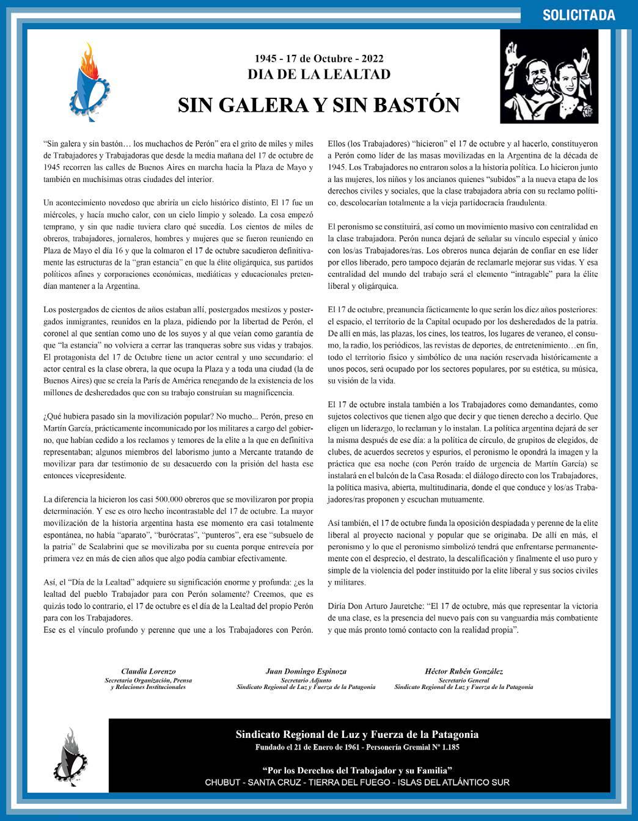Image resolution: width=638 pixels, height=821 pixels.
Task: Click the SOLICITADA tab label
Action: pos(578,15)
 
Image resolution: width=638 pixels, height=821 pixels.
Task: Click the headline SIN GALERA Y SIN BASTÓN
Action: pos(318,105)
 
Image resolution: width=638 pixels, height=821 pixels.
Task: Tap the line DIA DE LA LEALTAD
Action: pos(318,75)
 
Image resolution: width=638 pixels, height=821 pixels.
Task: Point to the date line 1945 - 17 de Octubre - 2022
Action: pos(318,59)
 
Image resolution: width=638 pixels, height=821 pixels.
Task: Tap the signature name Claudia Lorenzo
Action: pos(148,671)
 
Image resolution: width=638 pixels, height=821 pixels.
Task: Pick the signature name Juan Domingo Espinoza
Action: pos(306,671)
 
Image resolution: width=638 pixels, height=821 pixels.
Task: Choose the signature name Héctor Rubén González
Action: pos(464,671)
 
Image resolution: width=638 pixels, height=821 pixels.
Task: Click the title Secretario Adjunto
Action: pos(306,680)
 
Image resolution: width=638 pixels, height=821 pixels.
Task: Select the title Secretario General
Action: pos(464,680)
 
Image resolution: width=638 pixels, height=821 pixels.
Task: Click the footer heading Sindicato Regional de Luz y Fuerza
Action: pos(357,735)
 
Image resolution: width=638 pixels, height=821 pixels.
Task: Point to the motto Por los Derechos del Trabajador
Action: pos(357,770)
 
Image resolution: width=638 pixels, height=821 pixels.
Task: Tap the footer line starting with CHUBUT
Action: pos(357,783)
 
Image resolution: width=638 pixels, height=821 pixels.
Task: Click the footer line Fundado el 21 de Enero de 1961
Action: pos(357,747)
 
